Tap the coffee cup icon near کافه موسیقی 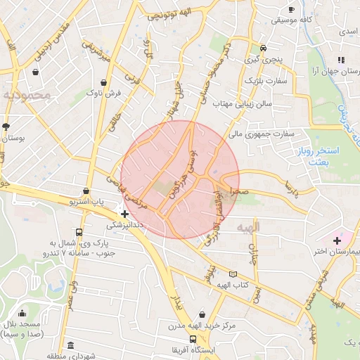(x=292, y=9)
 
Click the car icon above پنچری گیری (x=263, y=49)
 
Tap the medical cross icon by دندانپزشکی (x=124, y=214)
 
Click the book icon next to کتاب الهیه (x=233, y=274)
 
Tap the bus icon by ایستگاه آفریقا (x=193, y=339)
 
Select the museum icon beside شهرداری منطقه (x=70, y=345)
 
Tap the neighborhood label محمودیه (x=26, y=94)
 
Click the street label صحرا (x=239, y=191)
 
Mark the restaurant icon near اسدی (x=340, y=60)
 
